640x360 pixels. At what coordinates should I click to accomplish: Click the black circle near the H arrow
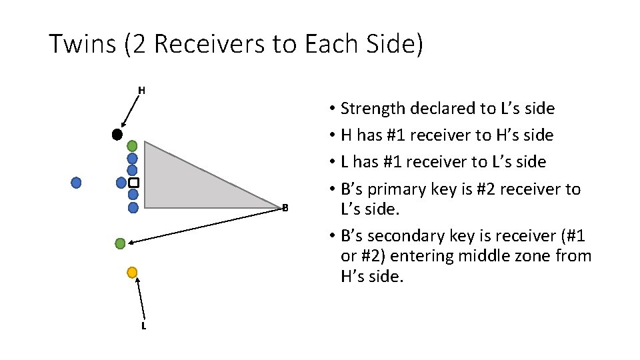point(117,135)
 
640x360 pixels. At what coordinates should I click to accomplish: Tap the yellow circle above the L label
point(132,272)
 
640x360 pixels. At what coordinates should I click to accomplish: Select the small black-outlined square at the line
point(133,183)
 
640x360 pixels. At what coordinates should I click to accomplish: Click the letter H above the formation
point(141,90)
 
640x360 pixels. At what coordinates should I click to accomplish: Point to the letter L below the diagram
point(143,326)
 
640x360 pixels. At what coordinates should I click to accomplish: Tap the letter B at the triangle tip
point(285,208)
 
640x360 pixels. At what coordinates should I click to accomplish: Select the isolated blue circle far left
point(77,182)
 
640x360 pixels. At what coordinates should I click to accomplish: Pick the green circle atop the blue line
point(132,146)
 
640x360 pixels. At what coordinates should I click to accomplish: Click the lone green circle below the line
point(120,243)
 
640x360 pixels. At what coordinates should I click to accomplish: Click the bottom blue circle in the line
point(133,207)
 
